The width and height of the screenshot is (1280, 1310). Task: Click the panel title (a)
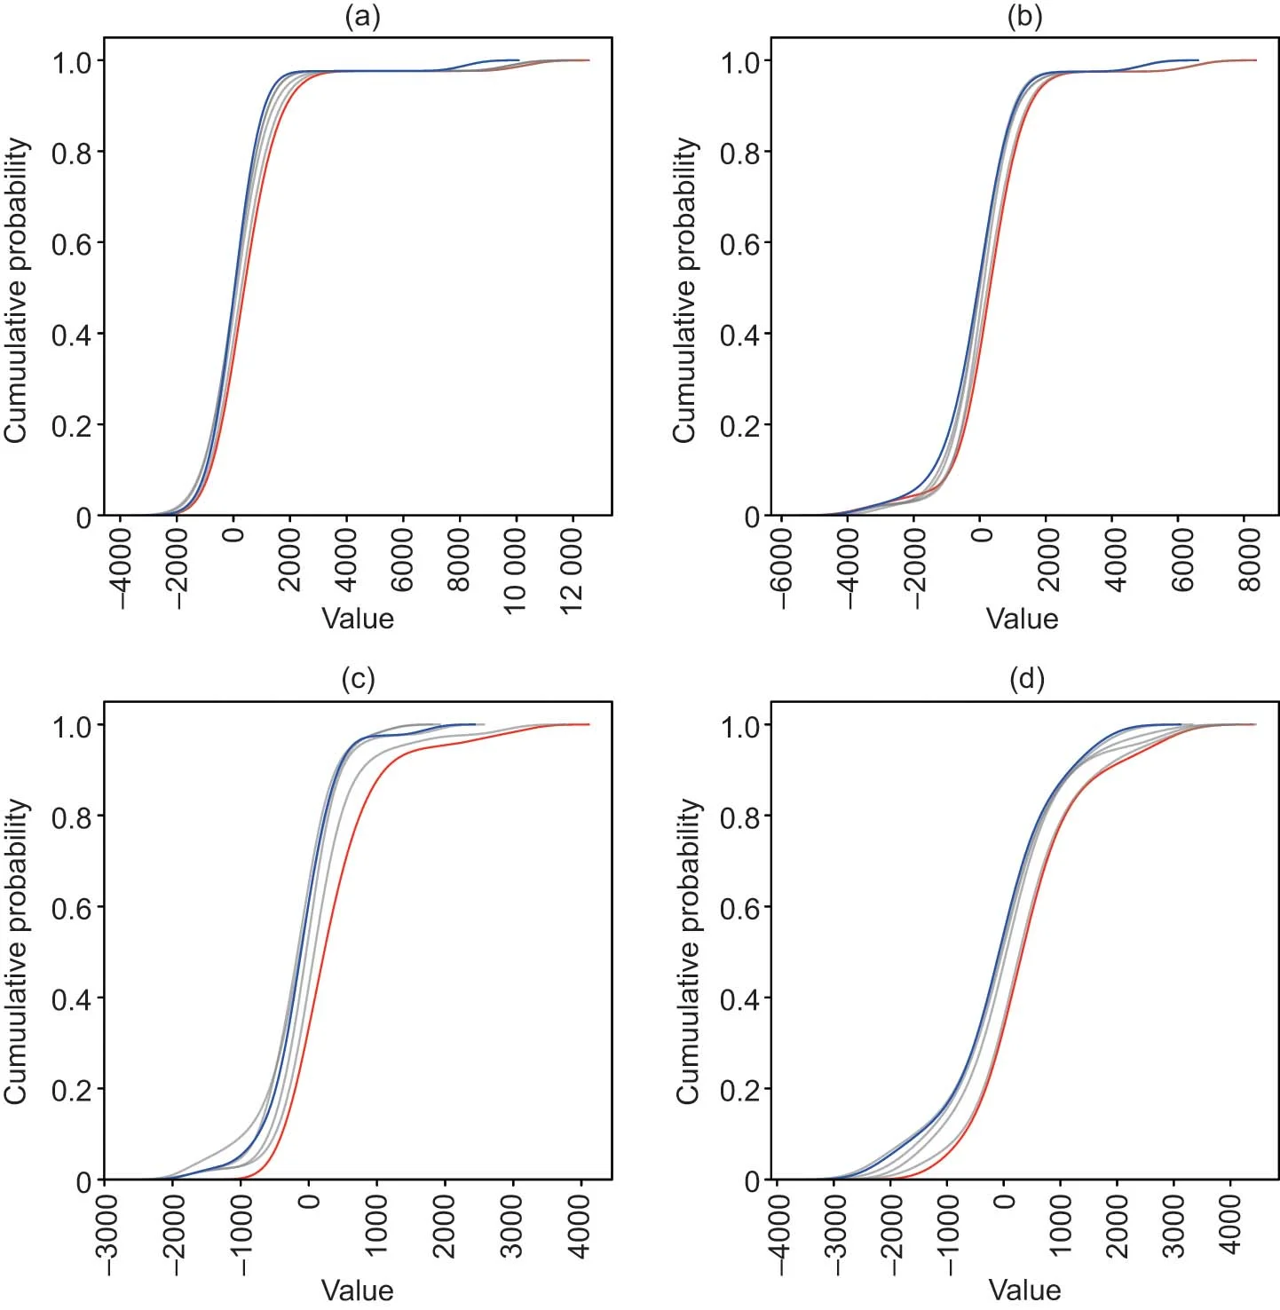(361, 18)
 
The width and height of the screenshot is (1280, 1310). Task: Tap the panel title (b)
(1024, 18)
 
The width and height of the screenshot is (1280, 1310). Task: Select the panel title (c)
(358, 680)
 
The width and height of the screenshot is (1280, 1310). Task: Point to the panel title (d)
(1027, 680)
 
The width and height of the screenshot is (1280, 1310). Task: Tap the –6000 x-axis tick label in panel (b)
(781, 569)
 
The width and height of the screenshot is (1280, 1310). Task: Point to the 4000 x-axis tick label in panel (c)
(580, 1225)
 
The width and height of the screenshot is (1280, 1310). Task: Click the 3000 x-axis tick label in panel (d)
(1173, 1225)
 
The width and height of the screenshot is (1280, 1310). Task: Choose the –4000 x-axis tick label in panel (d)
(778, 1234)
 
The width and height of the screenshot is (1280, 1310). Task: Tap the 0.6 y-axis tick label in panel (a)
(71, 244)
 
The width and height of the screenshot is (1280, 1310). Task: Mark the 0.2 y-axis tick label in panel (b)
(739, 426)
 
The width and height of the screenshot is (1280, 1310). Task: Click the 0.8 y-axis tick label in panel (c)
(71, 817)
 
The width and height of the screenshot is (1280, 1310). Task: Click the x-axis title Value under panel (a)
(358, 619)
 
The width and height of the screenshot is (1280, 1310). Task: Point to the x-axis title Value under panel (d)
(1024, 1290)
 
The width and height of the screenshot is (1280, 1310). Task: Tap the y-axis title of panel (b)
(684, 289)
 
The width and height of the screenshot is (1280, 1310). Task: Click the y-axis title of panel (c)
(16, 951)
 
